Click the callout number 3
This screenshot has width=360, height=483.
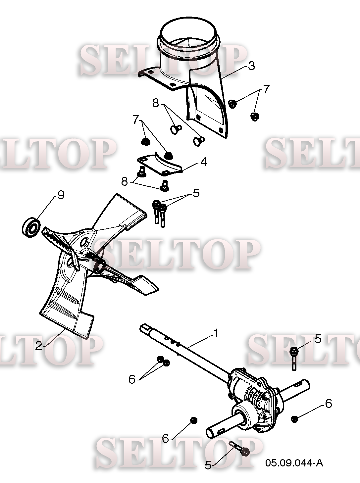coord(251,66)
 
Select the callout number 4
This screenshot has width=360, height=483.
coord(204,162)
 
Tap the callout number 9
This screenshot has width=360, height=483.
coord(61,195)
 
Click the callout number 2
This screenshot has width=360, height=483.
coord(38,346)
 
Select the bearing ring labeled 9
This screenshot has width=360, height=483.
coord(31,227)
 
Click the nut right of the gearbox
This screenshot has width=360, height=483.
coord(294,419)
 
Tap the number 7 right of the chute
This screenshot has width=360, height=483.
coord(266,89)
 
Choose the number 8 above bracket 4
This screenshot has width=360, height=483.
coord(156,103)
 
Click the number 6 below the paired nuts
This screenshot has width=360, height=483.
coord(132,379)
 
